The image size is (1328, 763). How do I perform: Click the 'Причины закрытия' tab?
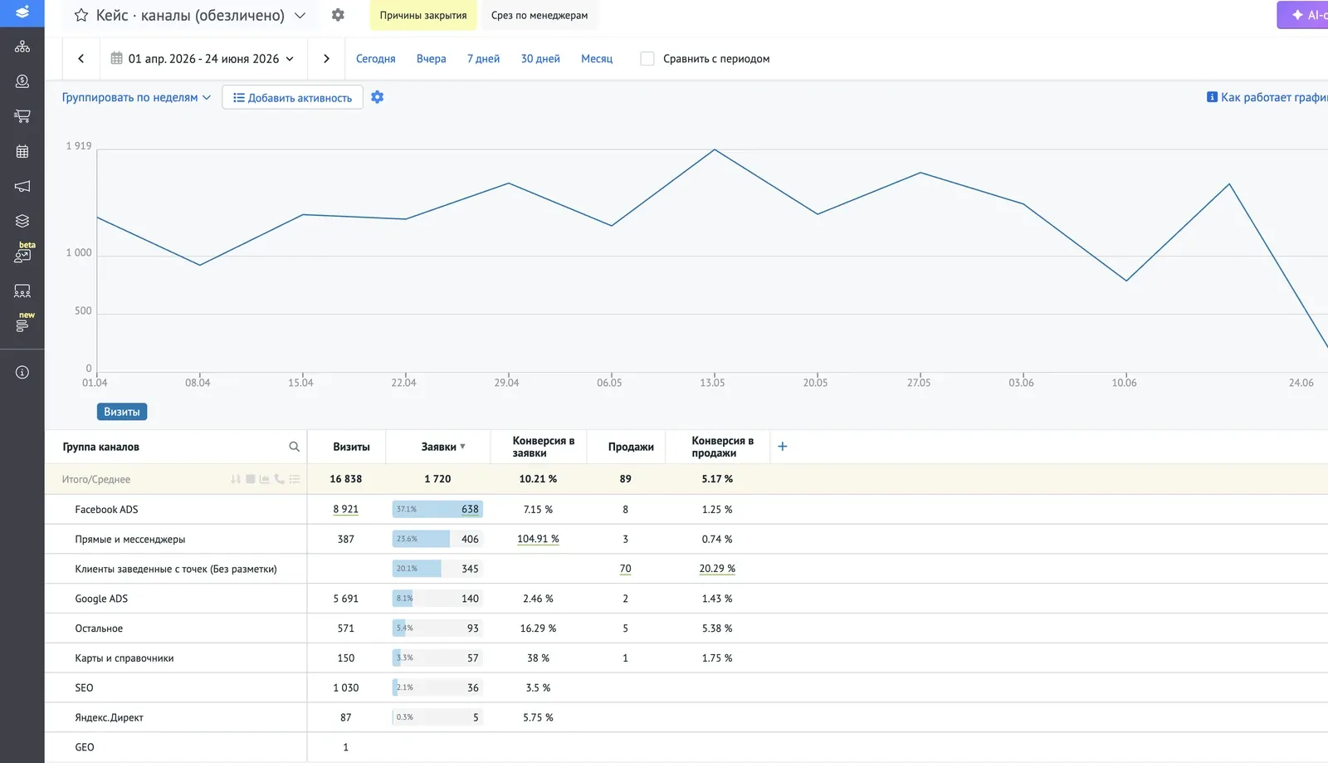tap(422, 16)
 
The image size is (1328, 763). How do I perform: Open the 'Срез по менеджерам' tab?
tap(539, 16)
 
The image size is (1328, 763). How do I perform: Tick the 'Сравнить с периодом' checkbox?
tap(647, 59)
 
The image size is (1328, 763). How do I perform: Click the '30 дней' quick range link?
tap(540, 59)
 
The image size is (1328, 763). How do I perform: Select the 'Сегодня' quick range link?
tap(375, 59)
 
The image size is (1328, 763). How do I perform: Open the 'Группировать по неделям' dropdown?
tap(136, 97)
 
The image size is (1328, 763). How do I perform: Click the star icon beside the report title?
tap(81, 16)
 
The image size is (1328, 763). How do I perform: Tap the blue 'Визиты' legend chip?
tap(121, 412)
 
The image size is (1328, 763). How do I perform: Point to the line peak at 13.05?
tap(715, 149)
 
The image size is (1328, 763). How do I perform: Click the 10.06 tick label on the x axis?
tap(1124, 383)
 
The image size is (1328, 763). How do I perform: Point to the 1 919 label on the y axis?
tap(79, 146)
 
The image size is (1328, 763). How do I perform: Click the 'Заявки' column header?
tap(439, 447)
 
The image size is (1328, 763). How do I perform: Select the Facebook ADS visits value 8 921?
tap(345, 509)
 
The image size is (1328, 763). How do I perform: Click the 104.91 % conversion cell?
tap(538, 539)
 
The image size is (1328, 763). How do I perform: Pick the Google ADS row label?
tap(101, 598)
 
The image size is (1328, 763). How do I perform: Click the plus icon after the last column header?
tap(782, 447)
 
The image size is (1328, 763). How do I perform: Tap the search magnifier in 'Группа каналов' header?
tap(294, 447)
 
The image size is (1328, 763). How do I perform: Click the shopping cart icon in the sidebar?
tap(22, 116)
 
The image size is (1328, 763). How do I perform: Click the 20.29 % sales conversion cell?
tap(717, 569)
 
